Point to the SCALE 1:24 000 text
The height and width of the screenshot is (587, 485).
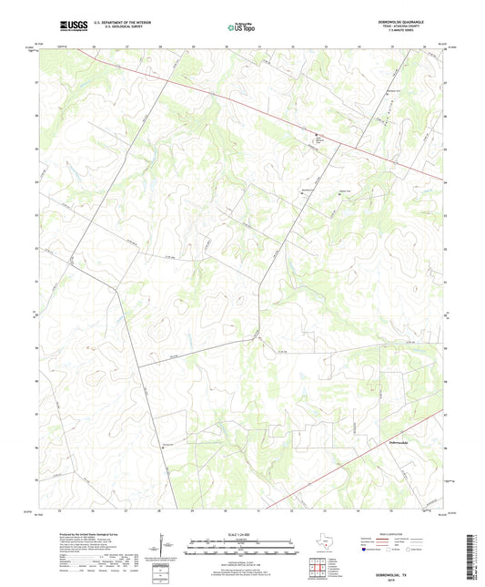click(x=242, y=535)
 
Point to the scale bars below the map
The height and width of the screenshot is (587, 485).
click(x=242, y=550)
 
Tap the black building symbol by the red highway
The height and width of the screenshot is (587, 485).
click(x=317, y=138)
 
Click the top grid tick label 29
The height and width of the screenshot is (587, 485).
click(x=193, y=45)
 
